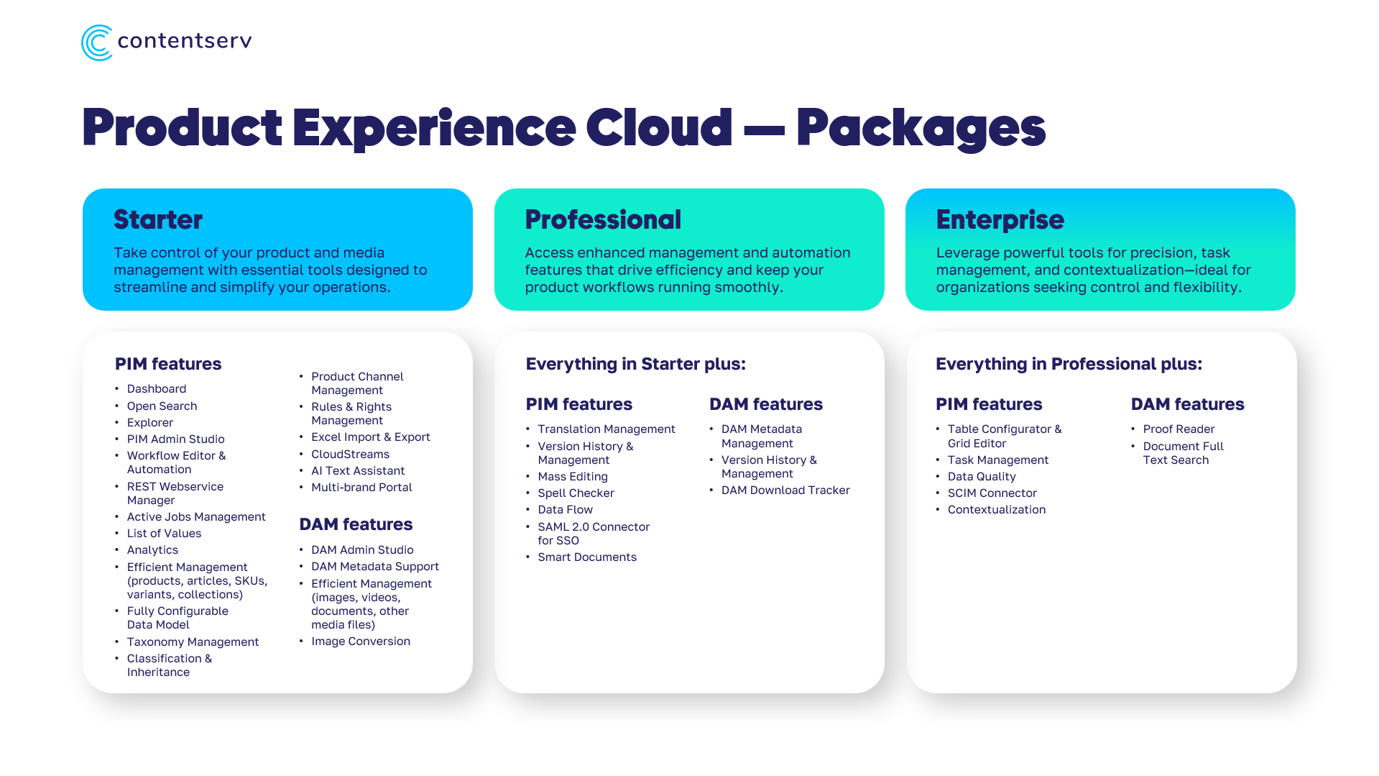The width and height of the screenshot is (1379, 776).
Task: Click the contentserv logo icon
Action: (97, 42)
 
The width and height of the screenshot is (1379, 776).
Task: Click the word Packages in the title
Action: (921, 129)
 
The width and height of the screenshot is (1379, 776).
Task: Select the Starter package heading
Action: (158, 219)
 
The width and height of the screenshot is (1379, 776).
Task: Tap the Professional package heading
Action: (603, 219)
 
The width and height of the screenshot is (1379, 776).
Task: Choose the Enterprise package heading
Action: (1000, 219)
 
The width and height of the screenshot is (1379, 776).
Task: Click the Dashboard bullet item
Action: (157, 389)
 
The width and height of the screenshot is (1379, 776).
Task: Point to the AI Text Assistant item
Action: (358, 471)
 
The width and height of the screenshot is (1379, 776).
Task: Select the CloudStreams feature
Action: (350, 455)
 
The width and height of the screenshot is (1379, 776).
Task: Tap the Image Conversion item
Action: (361, 642)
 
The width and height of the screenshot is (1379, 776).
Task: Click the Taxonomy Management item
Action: (193, 642)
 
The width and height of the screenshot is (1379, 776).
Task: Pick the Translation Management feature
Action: (607, 429)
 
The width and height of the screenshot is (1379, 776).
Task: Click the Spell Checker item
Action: (576, 493)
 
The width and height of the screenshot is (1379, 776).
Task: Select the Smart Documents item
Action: (587, 557)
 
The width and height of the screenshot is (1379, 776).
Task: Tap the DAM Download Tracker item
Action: (785, 490)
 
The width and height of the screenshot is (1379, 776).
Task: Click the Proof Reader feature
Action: (1179, 429)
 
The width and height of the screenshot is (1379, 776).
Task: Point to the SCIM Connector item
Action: (992, 493)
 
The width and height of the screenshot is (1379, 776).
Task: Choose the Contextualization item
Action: (996, 510)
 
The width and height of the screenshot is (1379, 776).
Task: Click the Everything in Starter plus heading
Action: (636, 364)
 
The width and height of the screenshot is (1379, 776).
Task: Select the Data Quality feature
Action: (982, 477)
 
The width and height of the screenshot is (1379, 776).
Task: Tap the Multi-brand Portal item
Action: (361, 488)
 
